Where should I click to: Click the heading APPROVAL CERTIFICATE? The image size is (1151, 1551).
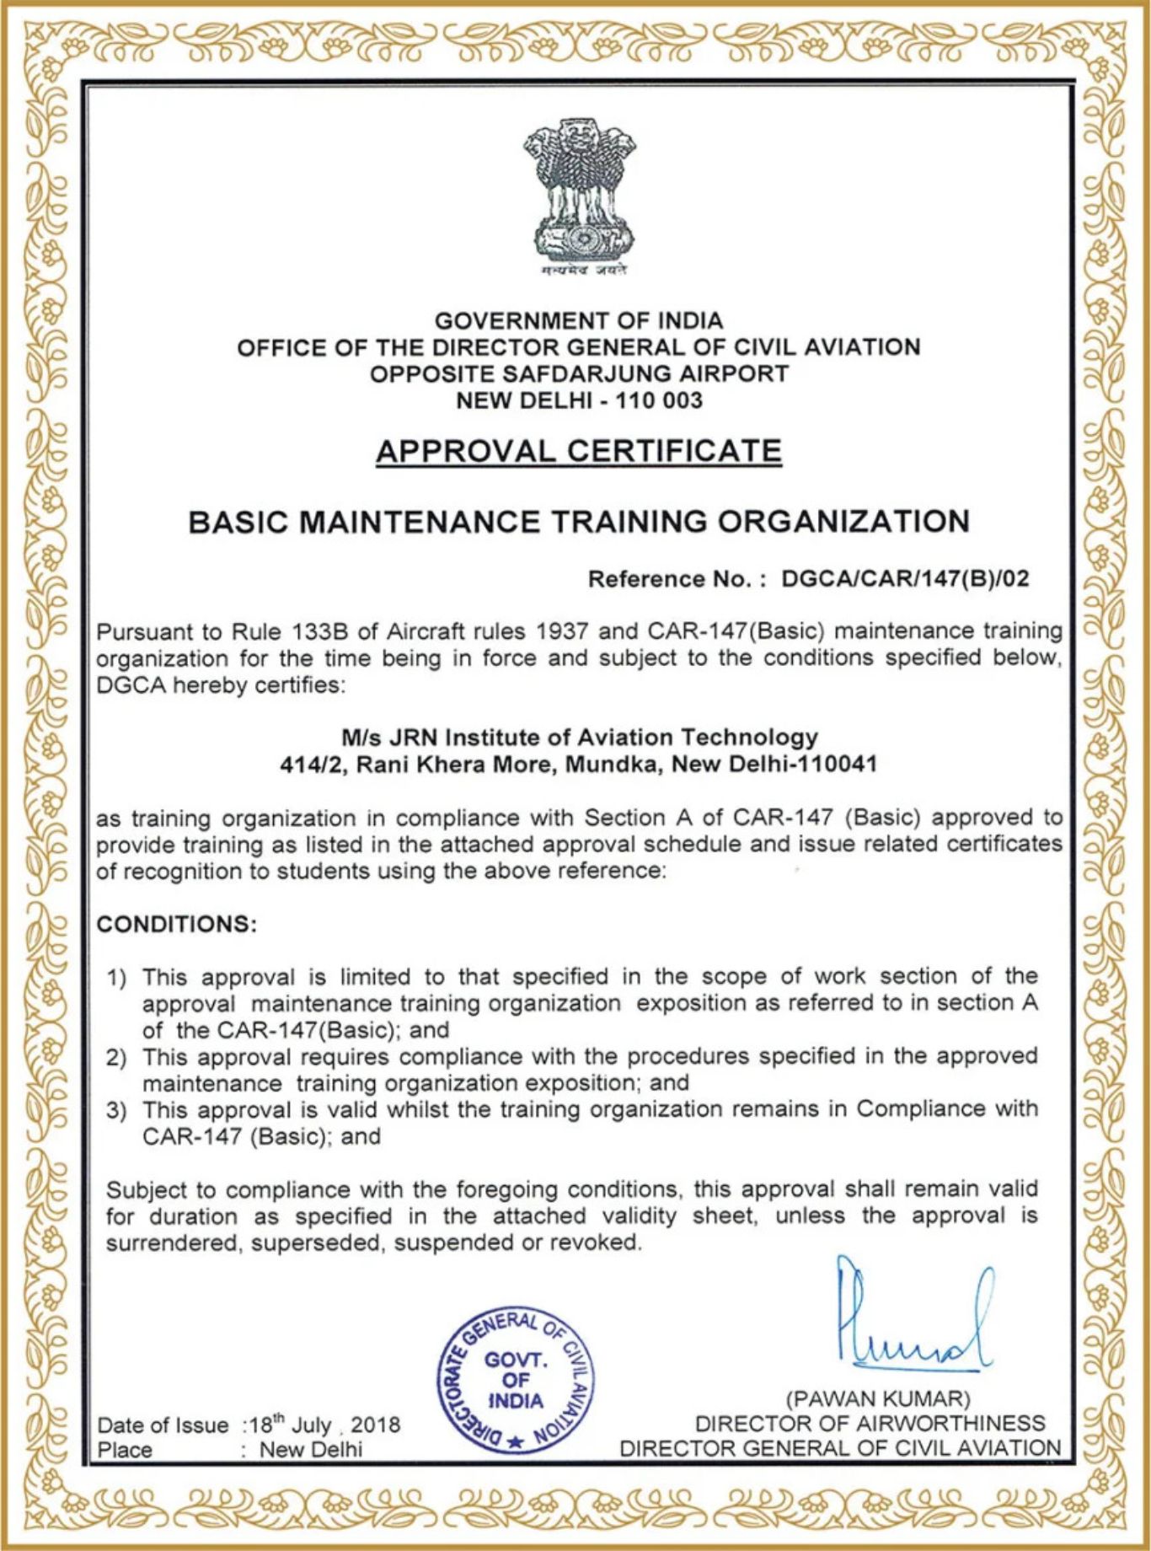pyautogui.click(x=579, y=451)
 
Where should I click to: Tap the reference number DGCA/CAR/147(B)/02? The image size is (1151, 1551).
pyautogui.click(x=905, y=579)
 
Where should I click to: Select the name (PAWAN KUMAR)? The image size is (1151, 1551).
pyautogui.click(x=878, y=1399)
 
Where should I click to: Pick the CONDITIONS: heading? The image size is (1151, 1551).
pyautogui.click(x=176, y=924)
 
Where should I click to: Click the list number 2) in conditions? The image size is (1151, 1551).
pyautogui.click(x=116, y=1057)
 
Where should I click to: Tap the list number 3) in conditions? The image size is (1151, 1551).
pyautogui.click(x=116, y=1110)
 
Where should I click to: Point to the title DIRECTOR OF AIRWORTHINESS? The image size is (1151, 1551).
pyautogui.click(x=870, y=1424)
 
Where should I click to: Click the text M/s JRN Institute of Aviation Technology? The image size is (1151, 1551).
pyautogui.click(x=579, y=738)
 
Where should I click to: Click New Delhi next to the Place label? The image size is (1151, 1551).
pyautogui.click(x=311, y=1450)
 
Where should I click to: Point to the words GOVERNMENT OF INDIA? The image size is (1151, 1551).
pyautogui.click(x=579, y=321)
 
